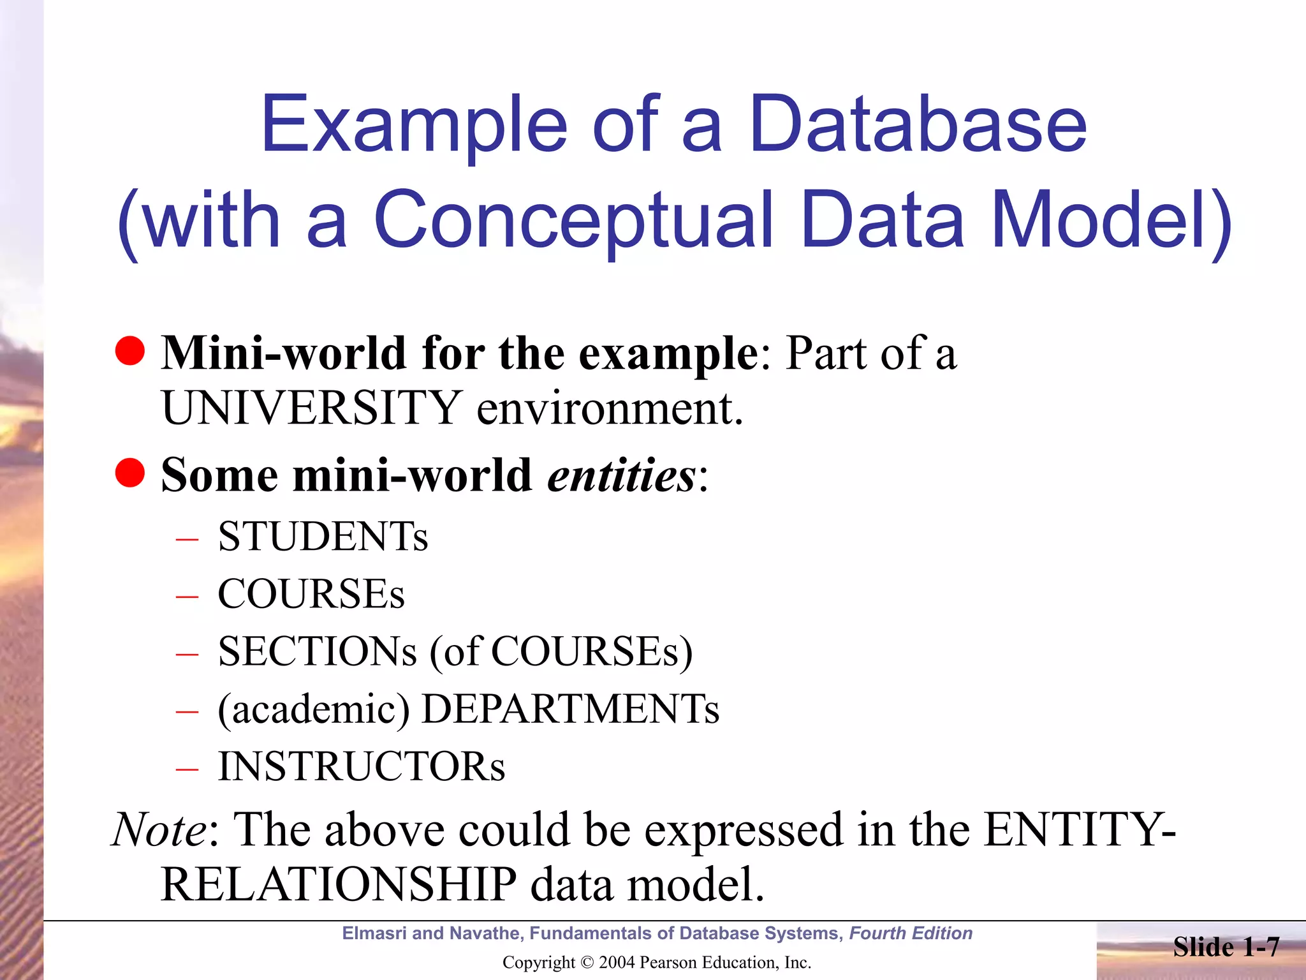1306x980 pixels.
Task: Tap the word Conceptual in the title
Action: pos(573,220)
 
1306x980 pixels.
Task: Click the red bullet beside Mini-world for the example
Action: pos(130,352)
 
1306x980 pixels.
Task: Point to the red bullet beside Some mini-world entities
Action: pos(130,473)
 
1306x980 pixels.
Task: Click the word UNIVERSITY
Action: pos(312,408)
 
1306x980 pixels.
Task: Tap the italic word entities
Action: pos(622,475)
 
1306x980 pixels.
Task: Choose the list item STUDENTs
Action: pos(323,537)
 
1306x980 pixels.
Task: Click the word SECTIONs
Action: pos(317,652)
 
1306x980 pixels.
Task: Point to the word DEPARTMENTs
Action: pos(570,709)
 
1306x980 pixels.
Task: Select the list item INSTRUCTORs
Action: pos(361,767)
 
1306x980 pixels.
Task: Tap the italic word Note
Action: pos(159,830)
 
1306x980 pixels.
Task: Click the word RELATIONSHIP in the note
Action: pos(339,885)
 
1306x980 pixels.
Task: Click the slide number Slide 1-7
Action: pos(1226,947)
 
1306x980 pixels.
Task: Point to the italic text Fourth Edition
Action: pos(911,933)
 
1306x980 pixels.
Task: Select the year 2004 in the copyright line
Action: pos(617,963)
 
